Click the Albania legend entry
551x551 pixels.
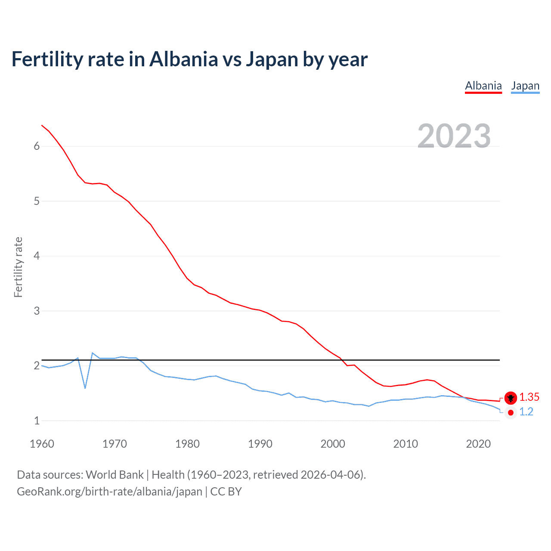tap(483, 86)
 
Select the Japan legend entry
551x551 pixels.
tap(525, 86)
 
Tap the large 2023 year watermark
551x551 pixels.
tap(454, 136)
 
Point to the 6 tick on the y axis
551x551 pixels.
tap(37, 146)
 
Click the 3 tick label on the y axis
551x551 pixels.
tap(37, 311)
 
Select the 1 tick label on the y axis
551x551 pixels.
tap(37, 421)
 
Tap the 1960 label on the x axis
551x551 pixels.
tap(42, 444)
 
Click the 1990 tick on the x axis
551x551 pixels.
tap(260, 444)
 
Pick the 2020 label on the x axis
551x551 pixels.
tap(478, 444)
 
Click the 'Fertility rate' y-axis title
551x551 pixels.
tap(18, 267)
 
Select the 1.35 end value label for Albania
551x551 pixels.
tap(529, 397)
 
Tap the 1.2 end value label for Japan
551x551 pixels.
tap(526, 412)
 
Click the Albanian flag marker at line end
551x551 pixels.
tap(511, 398)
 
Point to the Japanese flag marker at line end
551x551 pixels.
tap(511, 412)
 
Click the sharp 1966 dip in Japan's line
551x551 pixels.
tap(85, 388)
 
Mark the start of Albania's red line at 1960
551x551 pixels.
tap(42, 125)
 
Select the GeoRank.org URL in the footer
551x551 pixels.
tap(109, 492)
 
